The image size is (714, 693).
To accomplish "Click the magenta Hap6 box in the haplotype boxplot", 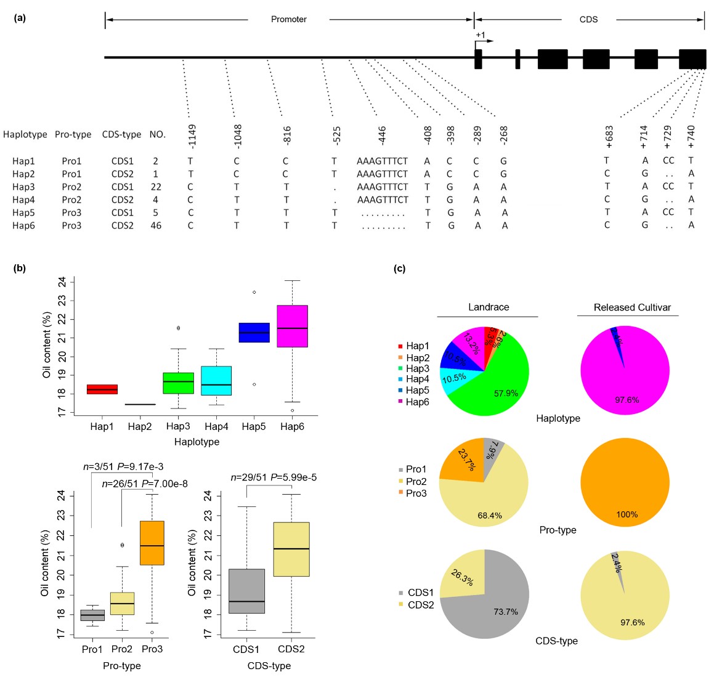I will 292,326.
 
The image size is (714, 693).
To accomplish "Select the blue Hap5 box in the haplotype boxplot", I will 254,332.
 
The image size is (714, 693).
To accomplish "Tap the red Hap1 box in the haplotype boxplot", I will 102,389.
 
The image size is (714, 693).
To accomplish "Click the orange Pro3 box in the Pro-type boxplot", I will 152,543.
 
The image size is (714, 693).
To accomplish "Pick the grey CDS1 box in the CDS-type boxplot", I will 246,591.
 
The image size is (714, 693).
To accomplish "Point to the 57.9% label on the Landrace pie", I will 506,393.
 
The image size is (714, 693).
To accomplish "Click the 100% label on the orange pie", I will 627,514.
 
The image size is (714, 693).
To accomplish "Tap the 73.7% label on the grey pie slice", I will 505,612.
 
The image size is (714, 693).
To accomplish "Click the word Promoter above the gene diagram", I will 288,20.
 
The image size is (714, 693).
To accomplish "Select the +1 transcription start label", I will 480,35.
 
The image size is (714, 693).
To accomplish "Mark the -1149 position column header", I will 192,136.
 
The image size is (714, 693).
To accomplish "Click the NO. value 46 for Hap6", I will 156,225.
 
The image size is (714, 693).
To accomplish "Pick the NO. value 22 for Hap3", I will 156,187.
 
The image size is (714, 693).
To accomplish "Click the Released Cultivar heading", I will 631,307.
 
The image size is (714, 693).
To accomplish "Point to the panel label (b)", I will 20,268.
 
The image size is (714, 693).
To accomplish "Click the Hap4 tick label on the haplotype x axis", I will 216,426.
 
